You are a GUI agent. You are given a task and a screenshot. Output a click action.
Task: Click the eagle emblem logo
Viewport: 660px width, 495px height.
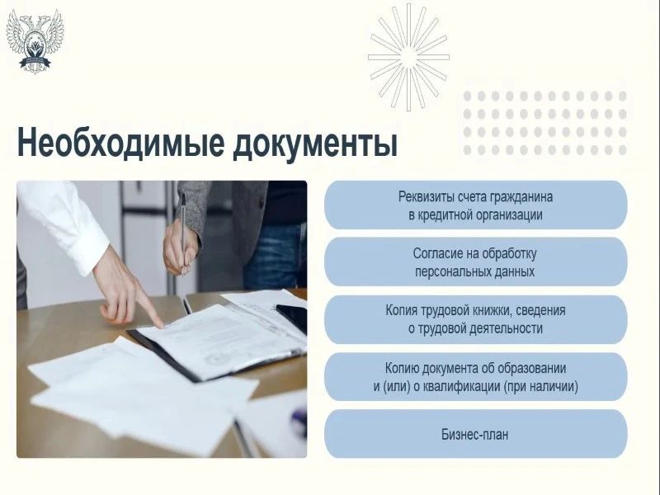(x=35, y=40)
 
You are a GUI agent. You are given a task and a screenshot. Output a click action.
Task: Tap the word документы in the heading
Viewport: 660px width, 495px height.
(x=315, y=144)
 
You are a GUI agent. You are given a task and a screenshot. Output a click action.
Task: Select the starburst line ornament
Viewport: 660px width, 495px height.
(x=408, y=57)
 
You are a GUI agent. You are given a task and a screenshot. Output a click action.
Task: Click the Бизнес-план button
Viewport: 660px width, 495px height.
(x=476, y=434)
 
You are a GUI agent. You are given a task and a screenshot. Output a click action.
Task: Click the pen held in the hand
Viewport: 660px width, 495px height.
(x=183, y=233)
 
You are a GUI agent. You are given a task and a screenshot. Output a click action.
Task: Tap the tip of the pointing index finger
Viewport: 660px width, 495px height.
(x=162, y=325)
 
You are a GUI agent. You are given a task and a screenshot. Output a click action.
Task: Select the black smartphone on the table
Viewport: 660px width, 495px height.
(x=292, y=317)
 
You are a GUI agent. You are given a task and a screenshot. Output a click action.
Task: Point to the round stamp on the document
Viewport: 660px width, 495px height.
(x=216, y=359)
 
